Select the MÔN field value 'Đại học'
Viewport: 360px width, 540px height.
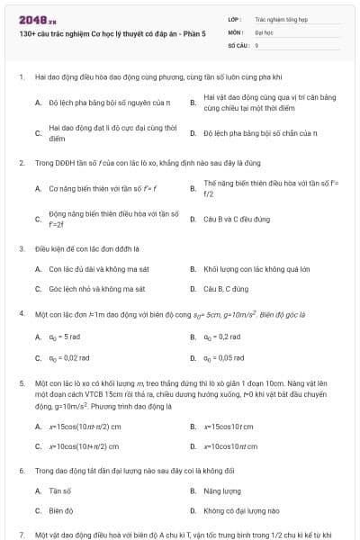(x=264, y=31)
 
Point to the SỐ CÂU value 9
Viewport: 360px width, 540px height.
(x=257, y=43)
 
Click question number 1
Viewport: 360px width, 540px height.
(x=21, y=78)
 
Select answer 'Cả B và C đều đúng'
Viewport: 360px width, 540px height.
(x=237, y=219)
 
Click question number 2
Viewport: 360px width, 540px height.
(x=21, y=163)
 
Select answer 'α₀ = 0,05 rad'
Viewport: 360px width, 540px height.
(x=224, y=357)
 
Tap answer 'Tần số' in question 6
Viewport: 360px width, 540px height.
(x=60, y=490)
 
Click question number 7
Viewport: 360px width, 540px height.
(x=21, y=534)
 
